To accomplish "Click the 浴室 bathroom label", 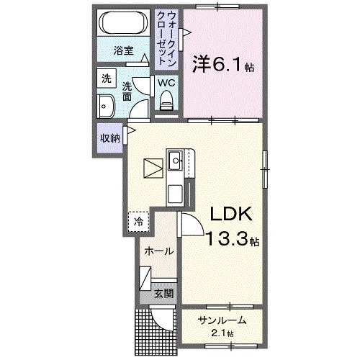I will pos(124,50).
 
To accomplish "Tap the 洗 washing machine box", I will pos(106,78).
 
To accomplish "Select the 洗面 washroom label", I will pos(127,89).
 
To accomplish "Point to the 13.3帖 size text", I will pos(232,240).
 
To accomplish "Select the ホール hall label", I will pos(159,251).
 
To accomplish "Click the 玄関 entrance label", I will pos(163,293).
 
